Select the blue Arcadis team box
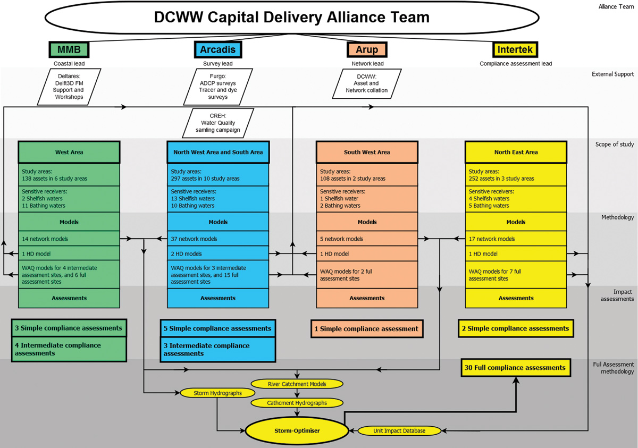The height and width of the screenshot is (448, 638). pyautogui.click(x=218, y=49)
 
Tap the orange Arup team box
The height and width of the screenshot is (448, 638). pyautogui.click(x=367, y=49)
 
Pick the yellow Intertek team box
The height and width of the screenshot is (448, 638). pyautogui.click(x=516, y=49)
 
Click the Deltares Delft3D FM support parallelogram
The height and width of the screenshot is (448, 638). pyautogui.click(x=70, y=86)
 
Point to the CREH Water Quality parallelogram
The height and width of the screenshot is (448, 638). pyautogui.click(x=218, y=123)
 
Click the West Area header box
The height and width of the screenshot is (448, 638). pyautogui.click(x=69, y=152)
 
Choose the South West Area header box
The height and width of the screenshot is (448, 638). pyautogui.click(x=367, y=152)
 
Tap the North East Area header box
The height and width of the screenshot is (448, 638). pyautogui.click(x=516, y=152)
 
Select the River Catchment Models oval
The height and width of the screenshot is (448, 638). pyautogui.click(x=297, y=384)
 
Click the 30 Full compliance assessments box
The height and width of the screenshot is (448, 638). pyautogui.click(x=515, y=368)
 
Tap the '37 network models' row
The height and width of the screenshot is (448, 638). pyautogui.click(x=218, y=239)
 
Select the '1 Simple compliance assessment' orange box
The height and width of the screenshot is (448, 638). pyautogui.click(x=367, y=329)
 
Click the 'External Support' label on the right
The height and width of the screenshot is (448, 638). pyautogui.click(x=612, y=74)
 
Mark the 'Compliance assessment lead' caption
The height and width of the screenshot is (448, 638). pyautogui.click(x=516, y=64)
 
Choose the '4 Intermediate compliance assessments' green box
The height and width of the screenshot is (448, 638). pyautogui.click(x=69, y=349)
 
